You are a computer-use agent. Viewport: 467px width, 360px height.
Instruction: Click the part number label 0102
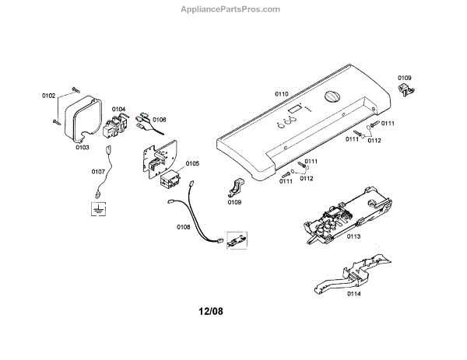pyautogui.click(x=48, y=96)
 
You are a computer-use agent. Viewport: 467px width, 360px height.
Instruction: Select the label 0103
pyautogui.click(x=83, y=147)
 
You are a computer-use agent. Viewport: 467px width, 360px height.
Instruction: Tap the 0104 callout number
pyautogui.click(x=119, y=110)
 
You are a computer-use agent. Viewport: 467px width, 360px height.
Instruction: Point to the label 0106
pyautogui.click(x=160, y=120)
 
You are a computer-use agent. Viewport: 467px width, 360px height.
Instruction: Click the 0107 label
pyautogui.click(x=98, y=171)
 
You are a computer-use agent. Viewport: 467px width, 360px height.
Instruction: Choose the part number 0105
pyautogui.click(x=192, y=164)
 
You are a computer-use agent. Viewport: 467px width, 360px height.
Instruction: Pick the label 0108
pyautogui.click(x=184, y=227)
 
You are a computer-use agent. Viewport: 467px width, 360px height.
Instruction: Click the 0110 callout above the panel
pyautogui.click(x=281, y=94)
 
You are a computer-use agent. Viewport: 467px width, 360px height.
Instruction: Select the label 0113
pyautogui.click(x=354, y=236)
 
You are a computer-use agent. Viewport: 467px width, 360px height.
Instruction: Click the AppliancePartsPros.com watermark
pyautogui.click(x=233, y=9)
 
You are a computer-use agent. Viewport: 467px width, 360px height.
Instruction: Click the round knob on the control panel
pyautogui.click(x=331, y=99)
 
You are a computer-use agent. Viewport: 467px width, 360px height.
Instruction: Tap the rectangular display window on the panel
pyautogui.click(x=294, y=116)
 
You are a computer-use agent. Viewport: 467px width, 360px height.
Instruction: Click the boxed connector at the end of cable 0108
pyautogui.click(x=236, y=238)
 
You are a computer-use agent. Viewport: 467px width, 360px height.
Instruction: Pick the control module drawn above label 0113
pyautogui.click(x=344, y=211)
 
